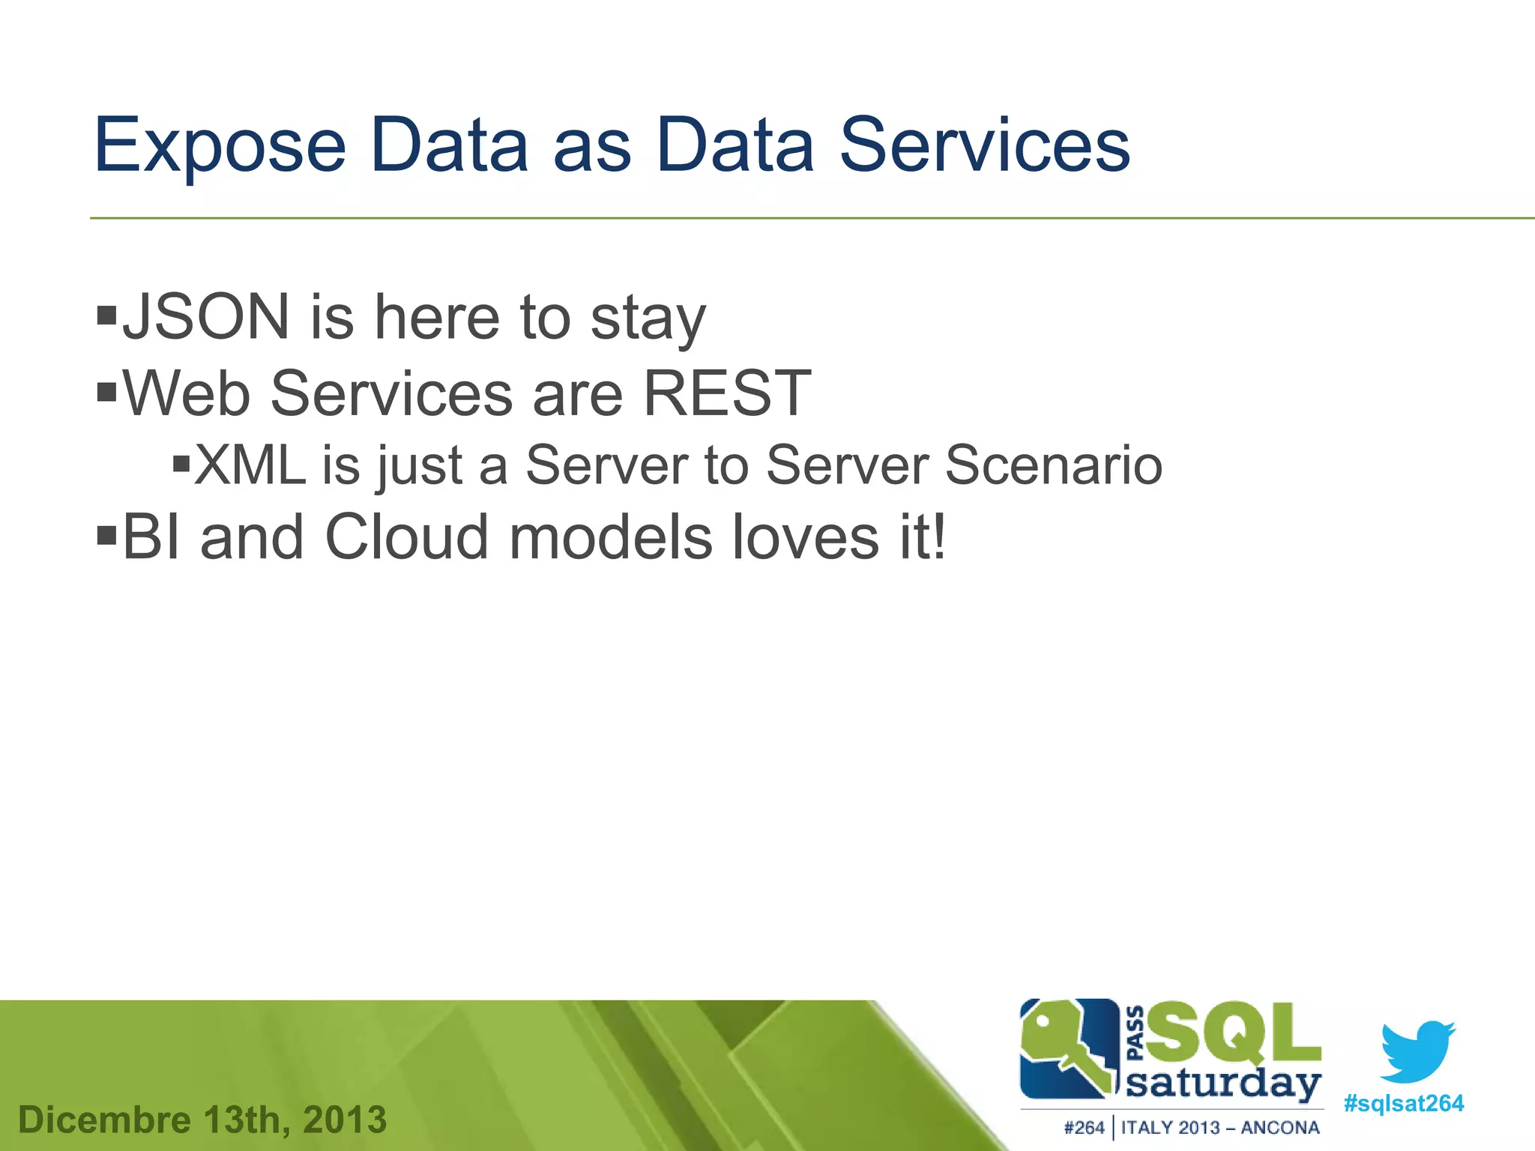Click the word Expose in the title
tap(220, 147)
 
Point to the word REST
tap(727, 393)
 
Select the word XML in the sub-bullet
tap(250, 465)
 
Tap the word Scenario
tap(1053, 465)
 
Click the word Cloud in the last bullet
tap(407, 537)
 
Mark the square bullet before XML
tap(181, 462)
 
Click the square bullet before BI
tap(107, 534)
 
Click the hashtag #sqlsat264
tap(1403, 1104)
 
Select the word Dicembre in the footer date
tap(104, 1120)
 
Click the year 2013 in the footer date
tap(345, 1120)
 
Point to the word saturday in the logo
tap(1222, 1084)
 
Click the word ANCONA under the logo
tap(1279, 1128)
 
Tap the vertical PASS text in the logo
tap(1136, 1033)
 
